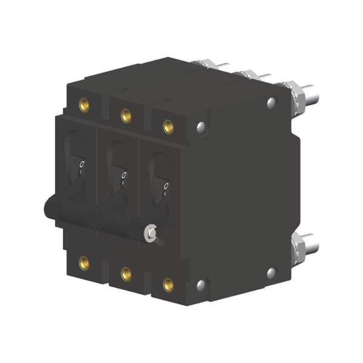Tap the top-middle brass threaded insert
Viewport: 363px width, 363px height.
coord(126,115)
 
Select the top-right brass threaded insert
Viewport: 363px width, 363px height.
coord(168,126)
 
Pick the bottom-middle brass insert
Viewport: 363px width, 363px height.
coord(126,273)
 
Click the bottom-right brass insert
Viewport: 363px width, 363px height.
coord(168,284)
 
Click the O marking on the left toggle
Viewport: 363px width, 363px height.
coord(82,165)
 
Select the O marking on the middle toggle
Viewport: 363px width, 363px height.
coord(124,175)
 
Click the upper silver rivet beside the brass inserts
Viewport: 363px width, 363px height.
coord(201,127)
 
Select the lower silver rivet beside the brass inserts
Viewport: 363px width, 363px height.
coord(201,284)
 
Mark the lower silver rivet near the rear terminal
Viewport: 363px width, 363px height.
coord(271,273)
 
